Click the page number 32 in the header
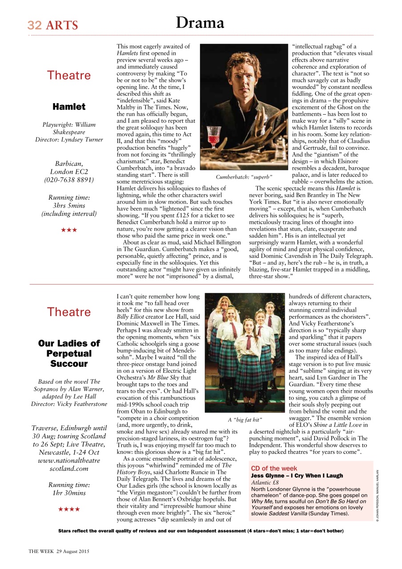coord(35,25)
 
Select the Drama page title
coord(200,23)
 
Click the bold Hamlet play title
coord(69,107)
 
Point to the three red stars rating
coord(69,230)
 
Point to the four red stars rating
coord(69,509)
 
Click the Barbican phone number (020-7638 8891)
coord(69,180)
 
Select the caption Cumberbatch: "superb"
coord(244,177)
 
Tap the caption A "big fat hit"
coord(245,420)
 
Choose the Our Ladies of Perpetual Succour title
coord(69,353)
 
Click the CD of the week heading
coord(274,469)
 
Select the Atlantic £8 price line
coord(265,482)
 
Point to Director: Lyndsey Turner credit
coord(69,140)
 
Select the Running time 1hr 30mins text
coord(69,489)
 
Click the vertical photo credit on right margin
coord(377,496)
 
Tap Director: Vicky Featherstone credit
coord(69,404)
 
